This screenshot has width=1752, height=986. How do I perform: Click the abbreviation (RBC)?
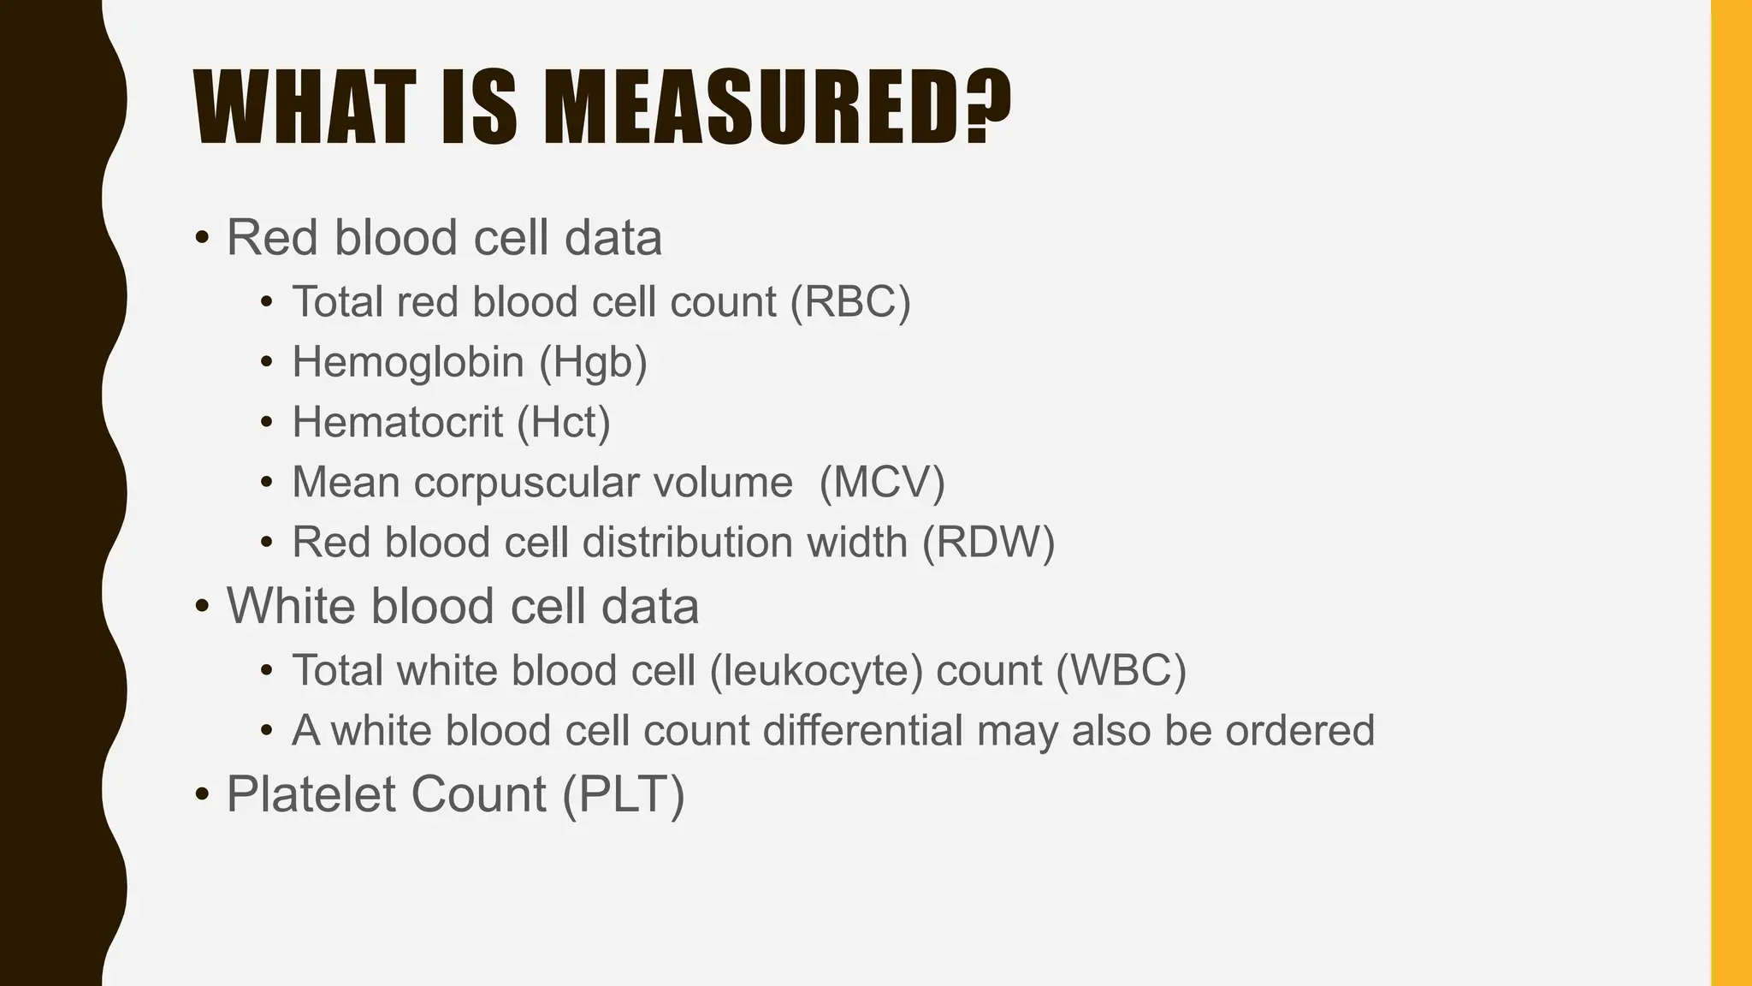(850, 302)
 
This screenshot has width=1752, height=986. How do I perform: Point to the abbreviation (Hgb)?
(593, 362)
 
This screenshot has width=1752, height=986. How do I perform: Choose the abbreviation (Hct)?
(564, 422)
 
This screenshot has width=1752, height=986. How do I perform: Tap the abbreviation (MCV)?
(882, 482)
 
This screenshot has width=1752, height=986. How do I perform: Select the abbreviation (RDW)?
(988, 543)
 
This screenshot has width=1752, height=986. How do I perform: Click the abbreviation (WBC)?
(1121, 670)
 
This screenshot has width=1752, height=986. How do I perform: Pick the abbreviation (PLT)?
(624, 794)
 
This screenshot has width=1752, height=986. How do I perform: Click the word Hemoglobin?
(408, 362)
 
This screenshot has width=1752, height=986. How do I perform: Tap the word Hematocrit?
(397, 422)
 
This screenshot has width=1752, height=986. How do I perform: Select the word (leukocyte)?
(816, 670)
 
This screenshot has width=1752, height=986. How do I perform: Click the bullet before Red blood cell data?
(202, 238)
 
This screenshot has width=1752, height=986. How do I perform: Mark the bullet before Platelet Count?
(202, 795)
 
